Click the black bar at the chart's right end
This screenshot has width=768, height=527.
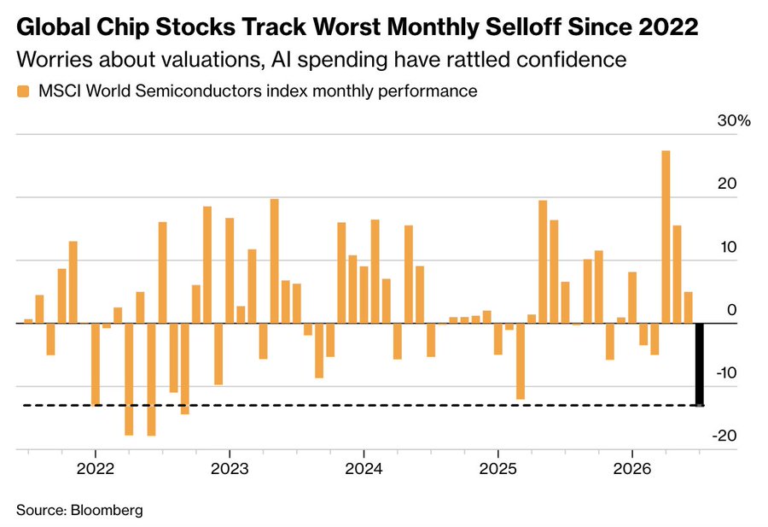pyautogui.click(x=700, y=364)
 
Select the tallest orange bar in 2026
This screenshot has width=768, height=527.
pyautogui.click(x=666, y=237)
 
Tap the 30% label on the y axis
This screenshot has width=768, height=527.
pyautogui.click(x=734, y=120)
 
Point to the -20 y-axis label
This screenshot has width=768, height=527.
pyautogui.click(x=726, y=436)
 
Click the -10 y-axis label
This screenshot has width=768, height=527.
pyautogui.click(x=726, y=373)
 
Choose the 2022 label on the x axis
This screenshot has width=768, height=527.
pyautogui.click(x=96, y=469)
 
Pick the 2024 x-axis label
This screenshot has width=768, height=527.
pyautogui.click(x=364, y=469)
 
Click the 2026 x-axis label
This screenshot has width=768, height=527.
pyautogui.click(x=632, y=469)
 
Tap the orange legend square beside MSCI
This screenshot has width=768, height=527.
pyautogui.click(x=23, y=91)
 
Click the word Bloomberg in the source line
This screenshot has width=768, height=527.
pyautogui.click(x=107, y=510)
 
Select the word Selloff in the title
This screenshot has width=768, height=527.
pyautogui.click(x=523, y=26)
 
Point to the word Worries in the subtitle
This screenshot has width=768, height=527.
pyautogui.click(x=55, y=59)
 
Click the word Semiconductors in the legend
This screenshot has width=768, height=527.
pyautogui.click(x=198, y=91)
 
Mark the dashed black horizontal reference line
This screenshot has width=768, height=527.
pyautogui.click(x=363, y=406)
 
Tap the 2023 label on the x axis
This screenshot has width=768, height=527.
pyautogui.click(x=230, y=469)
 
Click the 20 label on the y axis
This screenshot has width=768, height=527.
pyautogui.click(x=727, y=184)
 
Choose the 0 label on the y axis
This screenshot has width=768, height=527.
pyautogui.click(x=732, y=310)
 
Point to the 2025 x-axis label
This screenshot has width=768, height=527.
pyautogui.click(x=497, y=469)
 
